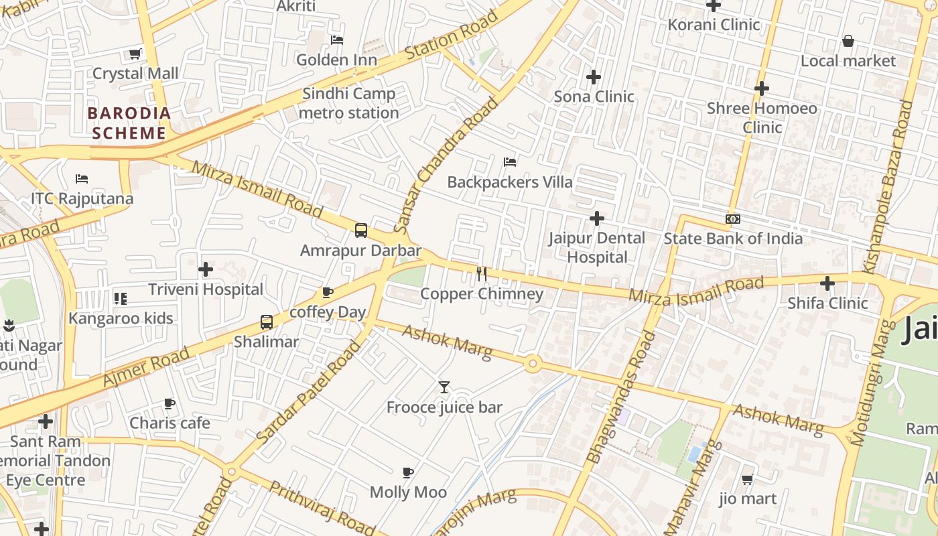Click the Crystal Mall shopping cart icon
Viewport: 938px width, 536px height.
coord(135,54)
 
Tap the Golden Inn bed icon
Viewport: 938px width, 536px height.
coord(337,40)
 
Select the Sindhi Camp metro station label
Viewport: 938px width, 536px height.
coord(348,103)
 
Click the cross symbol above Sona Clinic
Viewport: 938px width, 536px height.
coord(593,77)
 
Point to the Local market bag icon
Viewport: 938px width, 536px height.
coord(848,42)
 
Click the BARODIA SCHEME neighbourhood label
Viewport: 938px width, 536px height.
coord(129,123)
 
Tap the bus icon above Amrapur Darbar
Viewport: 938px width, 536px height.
coord(360,230)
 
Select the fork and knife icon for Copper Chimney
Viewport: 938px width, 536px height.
coord(481,273)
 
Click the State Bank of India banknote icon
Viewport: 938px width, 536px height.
coord(732,219)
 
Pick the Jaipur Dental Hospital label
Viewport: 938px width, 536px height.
coord(596,247)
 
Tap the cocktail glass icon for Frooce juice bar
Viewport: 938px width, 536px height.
coord(444,387)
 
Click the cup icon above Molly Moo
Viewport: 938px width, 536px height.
coord(408,473)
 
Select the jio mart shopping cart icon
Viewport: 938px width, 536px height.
coord(747,479)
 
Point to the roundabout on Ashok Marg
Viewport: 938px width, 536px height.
coord(533,364)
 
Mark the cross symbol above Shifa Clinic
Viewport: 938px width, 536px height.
coord(827,283)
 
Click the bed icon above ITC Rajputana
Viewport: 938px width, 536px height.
coord(82,179)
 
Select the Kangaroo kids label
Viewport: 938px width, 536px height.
coord(121,318)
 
